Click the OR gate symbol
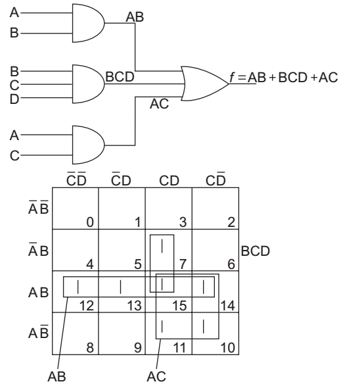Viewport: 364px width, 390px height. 204,84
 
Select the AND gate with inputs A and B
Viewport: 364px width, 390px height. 88,23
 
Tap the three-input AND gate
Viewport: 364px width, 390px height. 88,84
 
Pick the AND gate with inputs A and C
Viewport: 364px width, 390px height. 88,145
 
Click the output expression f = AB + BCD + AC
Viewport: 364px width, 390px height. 283,77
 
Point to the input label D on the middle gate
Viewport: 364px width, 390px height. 14,99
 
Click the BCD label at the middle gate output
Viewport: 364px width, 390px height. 120,76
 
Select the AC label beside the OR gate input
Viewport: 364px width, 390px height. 159,104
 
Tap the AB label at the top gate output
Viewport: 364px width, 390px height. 135,17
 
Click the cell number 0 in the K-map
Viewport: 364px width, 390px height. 90,222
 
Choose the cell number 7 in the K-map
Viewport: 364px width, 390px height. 183,264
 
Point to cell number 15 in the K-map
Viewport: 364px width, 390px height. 179,306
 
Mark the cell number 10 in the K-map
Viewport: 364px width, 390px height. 227,347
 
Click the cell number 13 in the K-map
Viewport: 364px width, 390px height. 135,306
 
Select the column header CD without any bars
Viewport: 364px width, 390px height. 169,181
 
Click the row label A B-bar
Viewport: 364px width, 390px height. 38,332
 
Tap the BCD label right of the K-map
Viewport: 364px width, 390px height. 255,251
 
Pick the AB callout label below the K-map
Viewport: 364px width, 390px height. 57,376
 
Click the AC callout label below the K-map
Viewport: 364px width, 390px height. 156,376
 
